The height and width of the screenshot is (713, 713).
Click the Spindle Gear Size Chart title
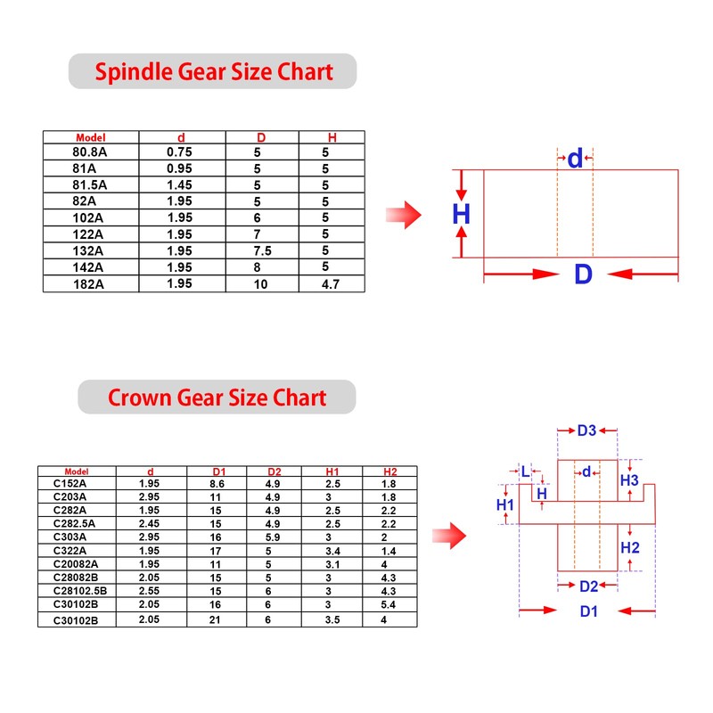(213, 71)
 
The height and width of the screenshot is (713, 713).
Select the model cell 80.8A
(90, 152)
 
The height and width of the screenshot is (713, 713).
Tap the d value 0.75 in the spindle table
(179, 152)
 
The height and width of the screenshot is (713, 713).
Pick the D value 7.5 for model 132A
(262, 250)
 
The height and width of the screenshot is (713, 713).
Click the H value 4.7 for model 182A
(331, 283)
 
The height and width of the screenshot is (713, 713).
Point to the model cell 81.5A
(90, 184)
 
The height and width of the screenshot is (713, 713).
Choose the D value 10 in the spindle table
(261, 283)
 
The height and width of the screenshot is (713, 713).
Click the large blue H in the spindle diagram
(461, 214)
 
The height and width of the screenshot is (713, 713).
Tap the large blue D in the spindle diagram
(583, 274)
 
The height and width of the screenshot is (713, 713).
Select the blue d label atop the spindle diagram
(576, 159)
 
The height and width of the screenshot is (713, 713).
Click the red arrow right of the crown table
(455, 535)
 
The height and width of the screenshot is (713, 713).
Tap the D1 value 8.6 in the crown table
(217, 482)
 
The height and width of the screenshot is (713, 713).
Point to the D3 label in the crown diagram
(586, 431)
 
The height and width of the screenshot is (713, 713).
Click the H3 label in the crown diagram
(630, 480)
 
